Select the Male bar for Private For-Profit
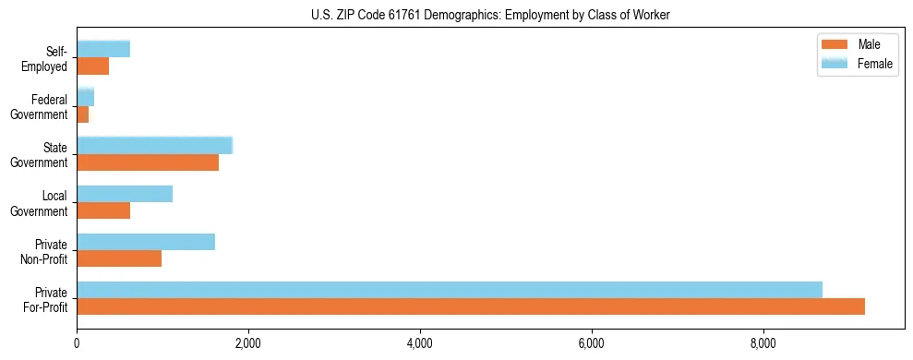click(471, 306)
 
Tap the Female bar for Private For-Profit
click(450, 290)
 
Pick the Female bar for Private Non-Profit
click(146, 242)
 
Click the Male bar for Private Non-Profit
click(119, 258)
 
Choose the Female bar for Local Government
click(125, 194)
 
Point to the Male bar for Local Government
click(103, 210)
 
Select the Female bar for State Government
click(154, 146)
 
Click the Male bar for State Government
click(148, 162)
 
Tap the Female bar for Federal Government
click(86, 98)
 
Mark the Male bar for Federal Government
click(83, 114)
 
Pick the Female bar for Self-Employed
click(103, 49)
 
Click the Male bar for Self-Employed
click(93, 66)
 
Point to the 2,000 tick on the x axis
click(248, 344)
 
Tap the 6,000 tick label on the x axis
click(592, 344)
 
